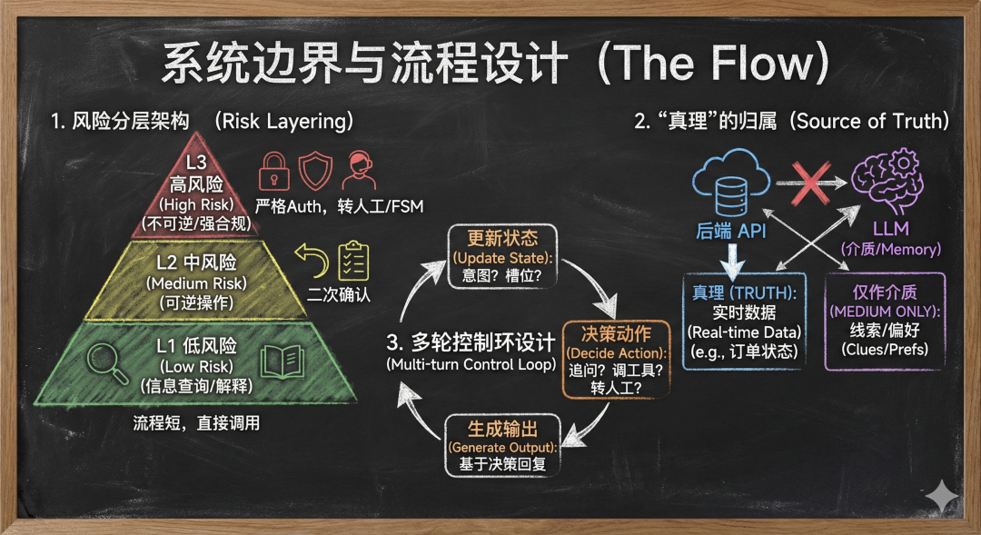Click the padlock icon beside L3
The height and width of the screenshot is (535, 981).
tap(273, 171)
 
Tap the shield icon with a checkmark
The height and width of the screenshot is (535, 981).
tap(314, 171)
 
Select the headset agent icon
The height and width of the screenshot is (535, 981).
tap(357, 171)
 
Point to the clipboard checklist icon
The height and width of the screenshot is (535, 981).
tap(352, 262)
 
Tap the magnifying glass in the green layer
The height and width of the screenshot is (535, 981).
tap(107, 362)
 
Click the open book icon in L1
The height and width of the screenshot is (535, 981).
tap(281, 362)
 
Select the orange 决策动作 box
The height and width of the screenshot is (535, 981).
tap(616, 357)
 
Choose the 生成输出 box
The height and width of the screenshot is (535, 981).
tap(502, 444)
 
